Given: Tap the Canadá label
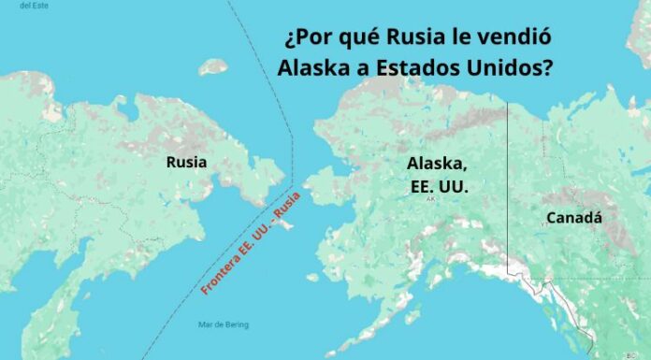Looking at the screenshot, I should [x=574, y=218].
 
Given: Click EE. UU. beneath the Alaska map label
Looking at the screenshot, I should [x=439, y=186].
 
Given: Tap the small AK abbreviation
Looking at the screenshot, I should [x=430, y=199].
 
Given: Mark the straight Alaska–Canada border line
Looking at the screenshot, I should [x=508, y=187].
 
